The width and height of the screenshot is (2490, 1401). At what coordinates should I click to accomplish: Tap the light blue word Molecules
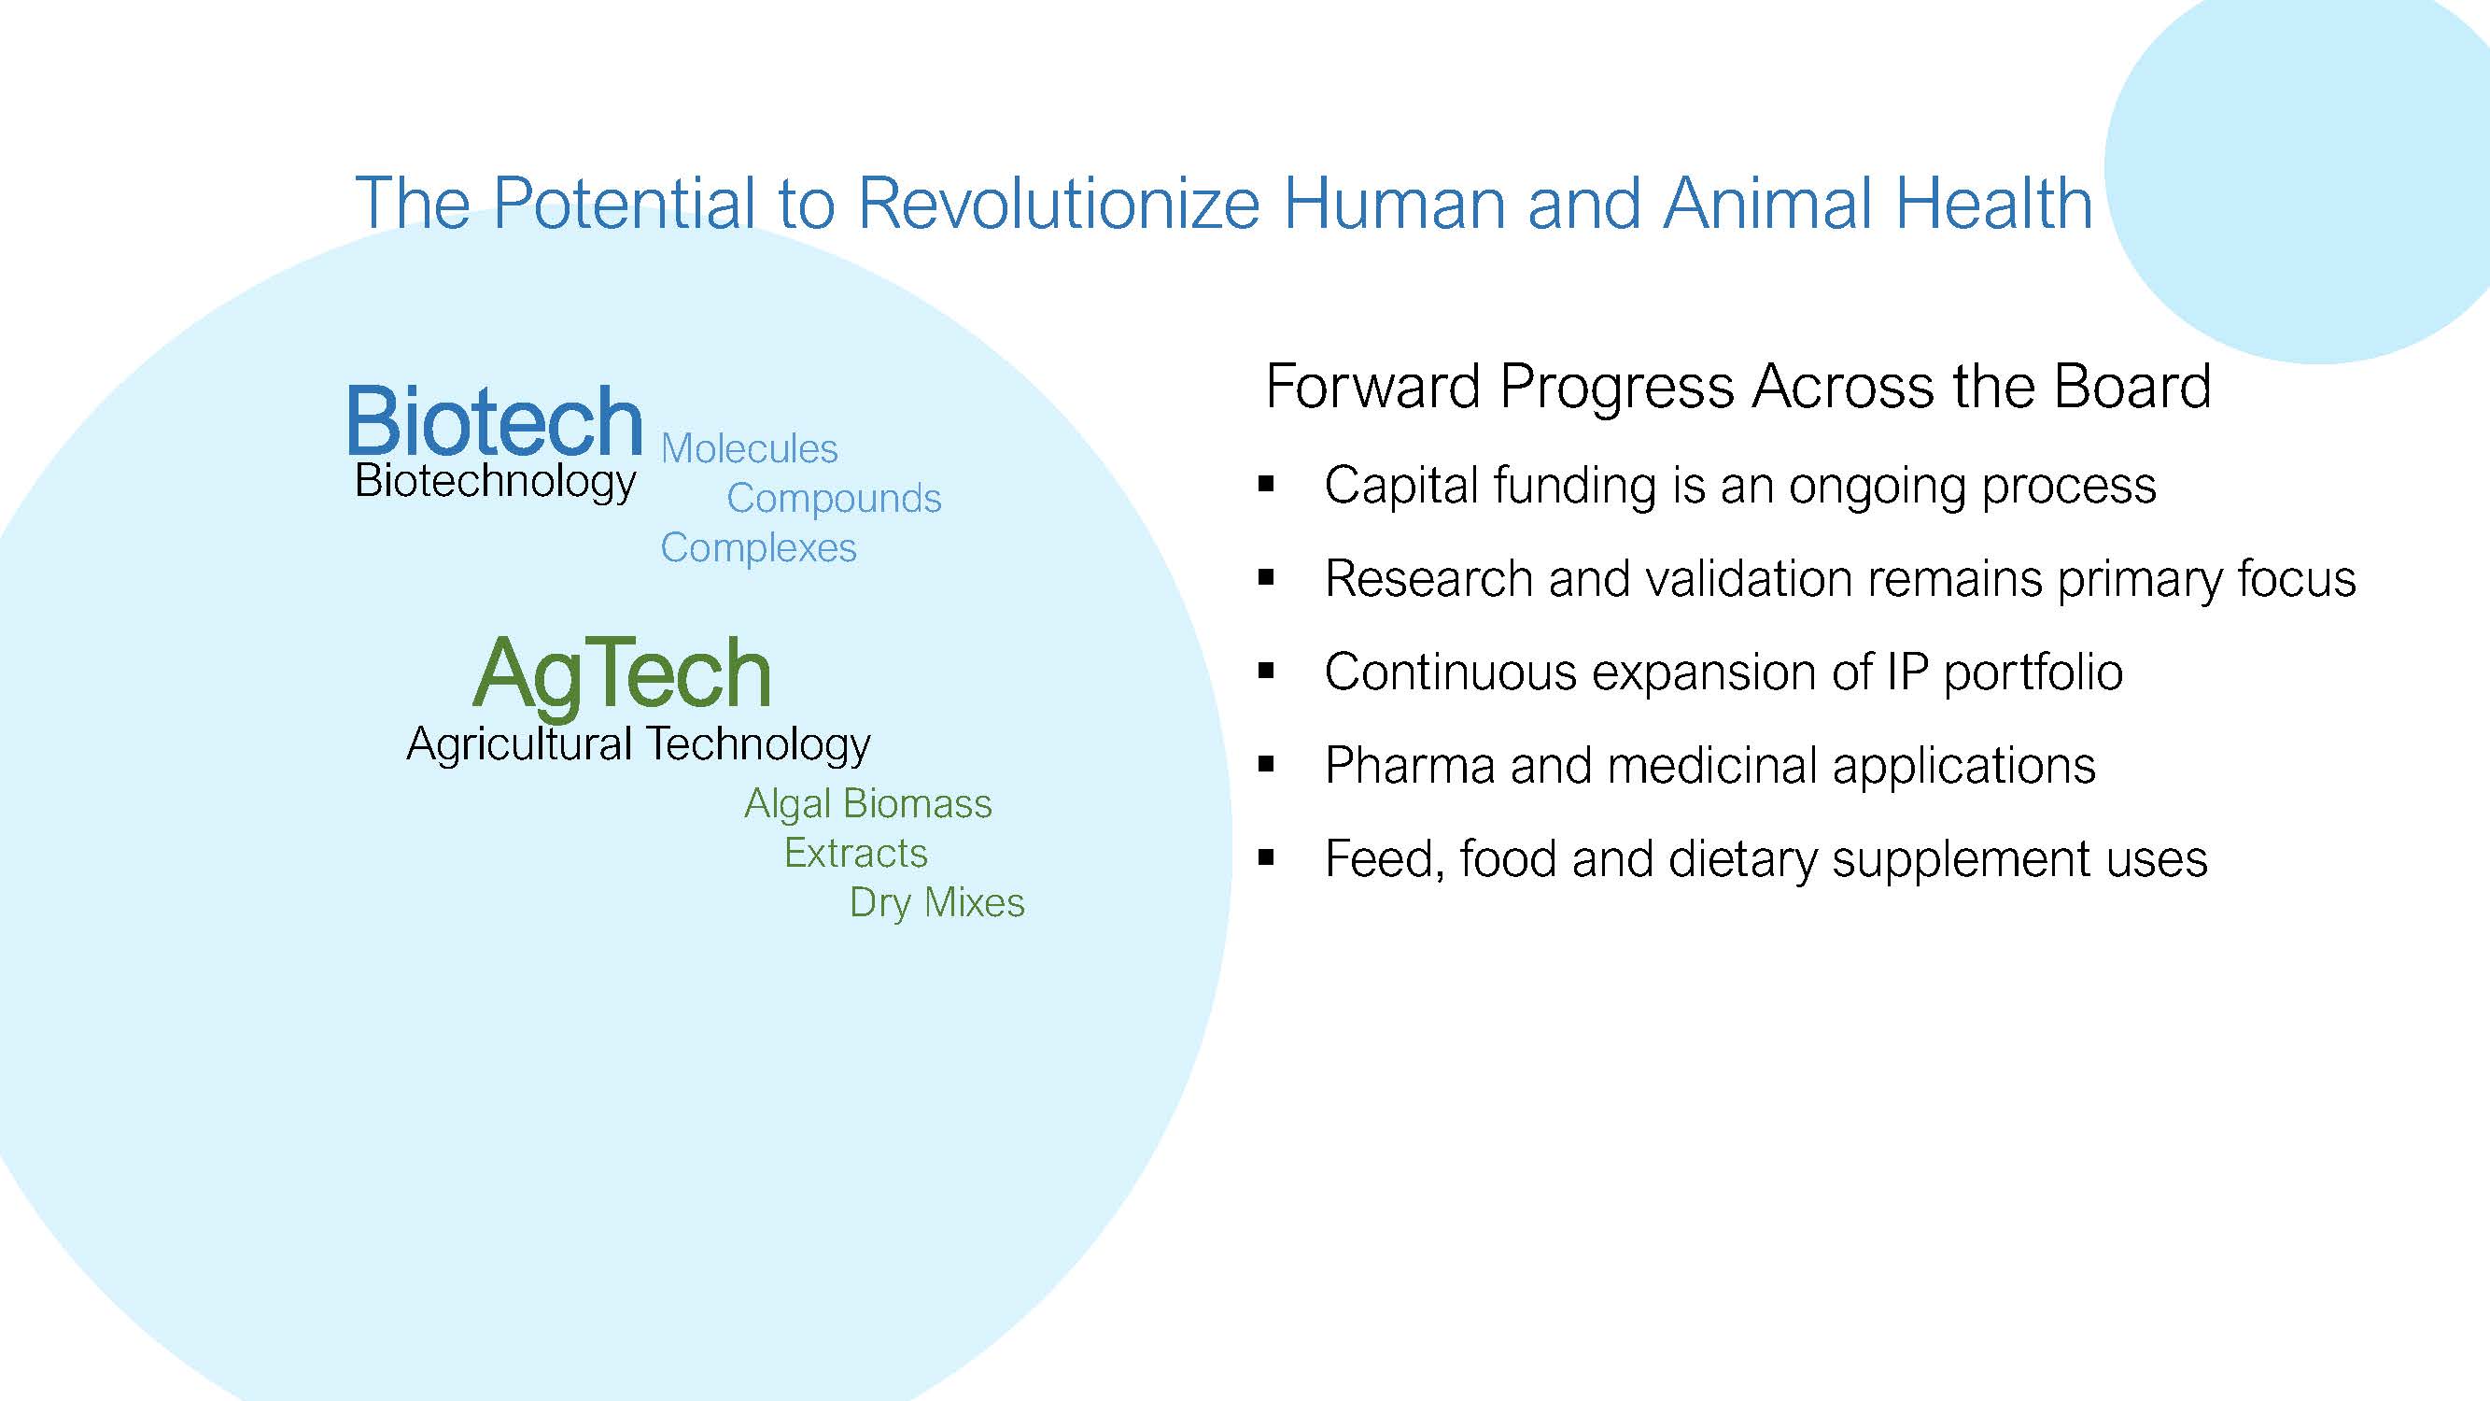pos(749,448)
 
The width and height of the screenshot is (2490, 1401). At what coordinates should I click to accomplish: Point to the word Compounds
pos(833,500)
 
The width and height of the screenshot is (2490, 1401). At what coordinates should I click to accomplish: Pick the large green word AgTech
pos(623,676)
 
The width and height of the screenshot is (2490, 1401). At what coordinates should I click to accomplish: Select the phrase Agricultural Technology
pos(639,745)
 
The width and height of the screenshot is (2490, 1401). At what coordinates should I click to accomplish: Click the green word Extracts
pos(855,854)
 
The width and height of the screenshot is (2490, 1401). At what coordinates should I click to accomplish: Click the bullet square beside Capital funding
pos(1266,485)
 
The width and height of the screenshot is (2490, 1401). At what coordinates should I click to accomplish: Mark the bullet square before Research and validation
pos(1266,578)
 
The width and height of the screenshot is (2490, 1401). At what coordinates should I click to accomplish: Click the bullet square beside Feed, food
pos(1266,857)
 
